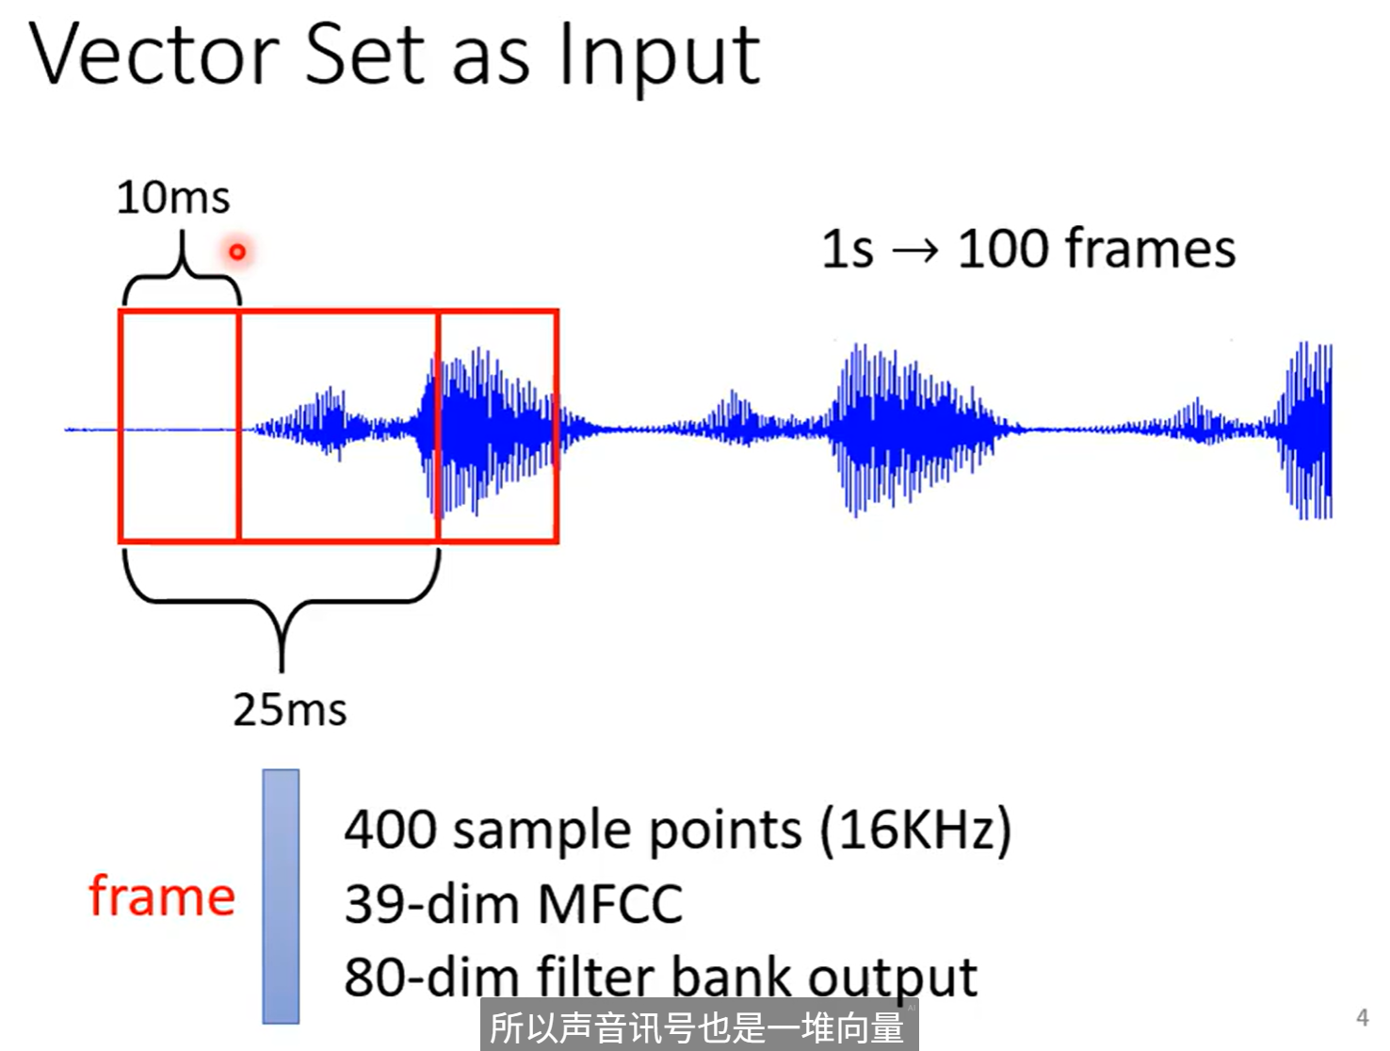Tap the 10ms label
(x=173, y=198)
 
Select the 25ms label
(x=290, y=709)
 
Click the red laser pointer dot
(x=237, y=251)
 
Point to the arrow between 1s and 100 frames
(x=915, y=251)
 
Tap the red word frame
(x=162, y=896)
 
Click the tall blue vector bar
(x=281, y=896)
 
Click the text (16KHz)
(x=915, y=830)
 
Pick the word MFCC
(x=610, y=904)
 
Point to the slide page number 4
(x=1362, y=1017)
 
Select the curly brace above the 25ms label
(x=282, y=603)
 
